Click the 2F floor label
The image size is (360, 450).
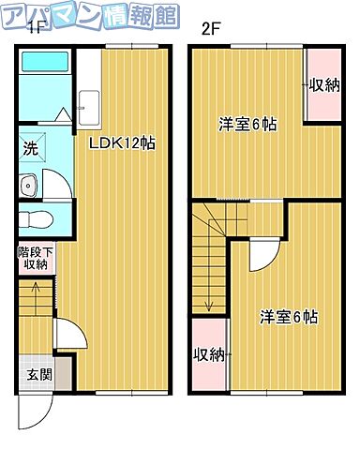point(210,28)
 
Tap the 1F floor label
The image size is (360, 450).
point(35,28)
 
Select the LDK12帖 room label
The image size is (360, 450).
point(122,143)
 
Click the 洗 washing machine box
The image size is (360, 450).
point(30,148)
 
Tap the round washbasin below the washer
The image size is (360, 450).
point(28,186)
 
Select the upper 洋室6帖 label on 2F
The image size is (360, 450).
point(247,124)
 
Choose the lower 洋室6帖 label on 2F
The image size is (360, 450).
point(288,317)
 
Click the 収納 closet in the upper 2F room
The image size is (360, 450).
point(323,84)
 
